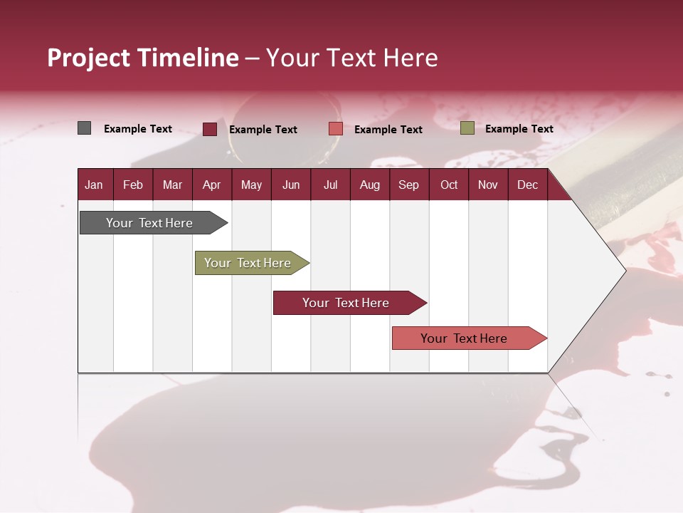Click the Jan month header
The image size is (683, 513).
pyautogui.click(x=94, y=185)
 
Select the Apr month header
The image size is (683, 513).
pyautogui.click(x=211, y=185)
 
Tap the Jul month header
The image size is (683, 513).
pyautogui.click(x=330, y=185)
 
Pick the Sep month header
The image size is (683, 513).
pyautogui.click(x=408, y=185)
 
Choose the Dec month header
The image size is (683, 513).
pyautogui.click(x=527, y=185)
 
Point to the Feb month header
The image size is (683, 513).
pyautogui.click(x=133, y=185)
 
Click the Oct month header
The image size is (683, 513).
pyautogui.click(x=449, y=185)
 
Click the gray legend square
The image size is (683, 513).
pyautogui.click(x=85, y=128)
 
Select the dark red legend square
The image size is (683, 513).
pyautogui.click(x=210, y=129)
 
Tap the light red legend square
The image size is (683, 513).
pyautogui.click(x=336, y=129)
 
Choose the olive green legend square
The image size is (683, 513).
pyautogui.click(x=467, y=128)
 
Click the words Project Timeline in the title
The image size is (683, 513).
pyautogui.click(x=143, y=58)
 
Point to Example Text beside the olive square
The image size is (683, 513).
pyautogui.click(x=519, y=129)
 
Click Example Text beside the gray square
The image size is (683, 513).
pyautogui.click(x=138, y=129)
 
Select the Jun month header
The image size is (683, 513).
pyautogui.click(x=291, y=185)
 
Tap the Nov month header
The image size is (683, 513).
pyautogui.click(x=488, y=185)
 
